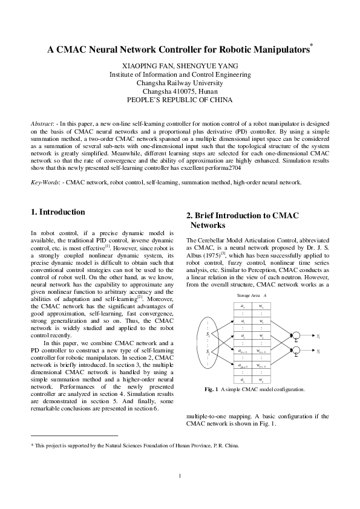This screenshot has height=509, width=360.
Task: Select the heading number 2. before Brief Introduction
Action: pyautogui.click(x=189, y=215)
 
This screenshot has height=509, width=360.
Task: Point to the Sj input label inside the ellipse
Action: pyautogui.click(x=209, y=351)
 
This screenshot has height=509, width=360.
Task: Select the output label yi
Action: pyautogui.click(x=319, y=334)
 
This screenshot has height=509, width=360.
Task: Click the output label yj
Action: pyautogui.click(x=319, y=351)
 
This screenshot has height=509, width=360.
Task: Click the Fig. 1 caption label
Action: pyautogui.click(x=212, y=389)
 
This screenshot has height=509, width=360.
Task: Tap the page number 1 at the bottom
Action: pyautogui.click(x=180, y=475)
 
